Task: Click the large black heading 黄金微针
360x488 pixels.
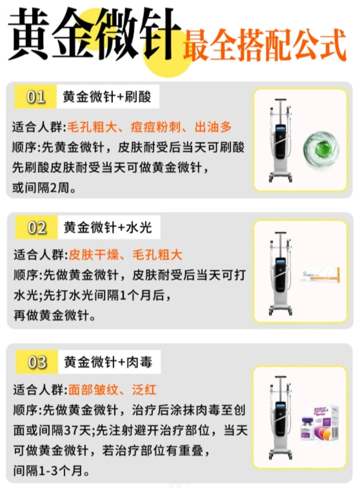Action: (x=94, y=34)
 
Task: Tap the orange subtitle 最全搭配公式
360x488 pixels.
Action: (x=265, y=45)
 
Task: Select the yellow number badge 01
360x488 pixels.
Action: (x=35, y=97)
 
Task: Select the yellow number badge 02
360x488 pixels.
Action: (x=37, y=227)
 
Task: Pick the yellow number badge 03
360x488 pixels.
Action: (x=37, y=362)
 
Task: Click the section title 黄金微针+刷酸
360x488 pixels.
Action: (x=106, y=97)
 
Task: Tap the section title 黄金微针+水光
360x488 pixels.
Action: (x=108, y=227)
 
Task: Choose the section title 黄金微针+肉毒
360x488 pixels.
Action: (x=108, y=362)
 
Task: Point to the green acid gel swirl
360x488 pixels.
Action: (x=321, y=148)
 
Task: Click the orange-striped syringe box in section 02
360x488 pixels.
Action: (x=321, y=275)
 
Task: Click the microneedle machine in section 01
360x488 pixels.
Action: (x=281, y=140)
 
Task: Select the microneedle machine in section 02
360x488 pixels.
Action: (x=281, y=273)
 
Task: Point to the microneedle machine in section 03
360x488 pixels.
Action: (x=281, y=418)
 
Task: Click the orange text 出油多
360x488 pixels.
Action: (x=214, y=127)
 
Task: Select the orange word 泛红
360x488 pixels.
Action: (x=144, y=390)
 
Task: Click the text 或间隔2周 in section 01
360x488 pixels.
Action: (x=44, y=188)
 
